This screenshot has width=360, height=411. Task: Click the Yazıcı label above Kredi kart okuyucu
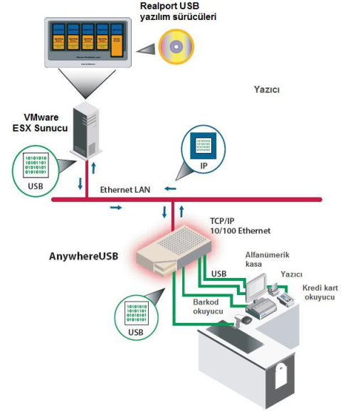point(292,273)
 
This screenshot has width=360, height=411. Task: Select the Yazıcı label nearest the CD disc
point(267,90)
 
